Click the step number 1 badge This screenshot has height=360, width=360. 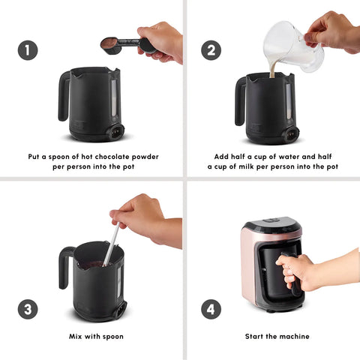coord(28,50)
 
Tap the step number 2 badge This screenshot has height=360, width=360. coord(211,50)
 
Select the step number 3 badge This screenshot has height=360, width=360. coord(28,309)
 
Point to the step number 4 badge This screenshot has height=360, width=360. coord(211,309)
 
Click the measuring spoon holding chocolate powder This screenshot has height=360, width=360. coord(125,45)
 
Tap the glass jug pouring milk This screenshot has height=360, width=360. coord(294,46)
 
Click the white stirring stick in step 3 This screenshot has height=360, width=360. coord(112,244)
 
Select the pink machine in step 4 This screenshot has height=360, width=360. coord(271,265)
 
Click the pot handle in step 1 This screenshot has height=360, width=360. coord(64,96)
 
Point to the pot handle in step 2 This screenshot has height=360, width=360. coord(240,101)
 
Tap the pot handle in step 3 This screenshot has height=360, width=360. coord(64,268)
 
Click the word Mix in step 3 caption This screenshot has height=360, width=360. coord(76,336)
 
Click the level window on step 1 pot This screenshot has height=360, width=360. coord(114,98)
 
